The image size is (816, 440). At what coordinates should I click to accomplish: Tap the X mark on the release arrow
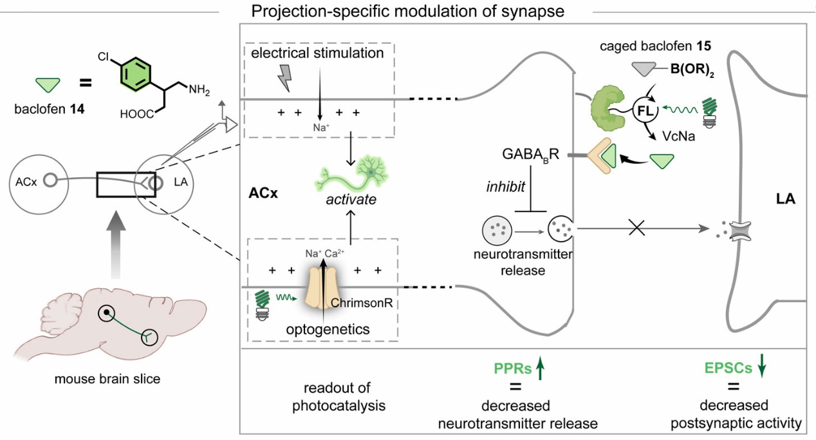(636, 228)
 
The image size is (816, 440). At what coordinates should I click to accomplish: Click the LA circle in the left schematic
(165, 182)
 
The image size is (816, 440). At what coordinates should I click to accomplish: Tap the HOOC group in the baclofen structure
(136, 114)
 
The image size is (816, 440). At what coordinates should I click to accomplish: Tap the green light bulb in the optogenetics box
(262, 302)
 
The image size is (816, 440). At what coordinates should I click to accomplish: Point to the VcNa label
(670, 136)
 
